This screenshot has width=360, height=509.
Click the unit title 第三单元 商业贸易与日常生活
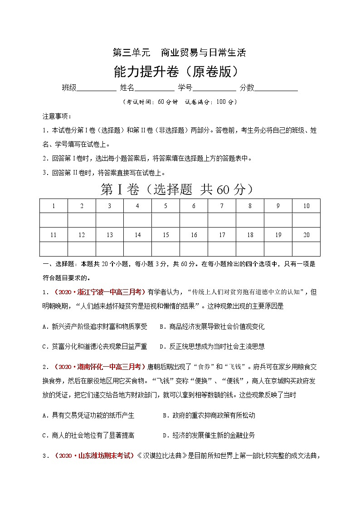point(179,53)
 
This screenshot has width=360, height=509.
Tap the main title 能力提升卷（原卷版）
point(179,71)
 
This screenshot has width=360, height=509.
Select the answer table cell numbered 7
point(222,206)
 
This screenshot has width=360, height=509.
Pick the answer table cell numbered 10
point(306,206)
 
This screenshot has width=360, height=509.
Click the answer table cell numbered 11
point(54,235)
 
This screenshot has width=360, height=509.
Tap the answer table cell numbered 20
point(306,235)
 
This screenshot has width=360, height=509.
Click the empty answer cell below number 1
point(54,220)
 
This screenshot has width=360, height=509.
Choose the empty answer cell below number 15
point(165,249)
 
